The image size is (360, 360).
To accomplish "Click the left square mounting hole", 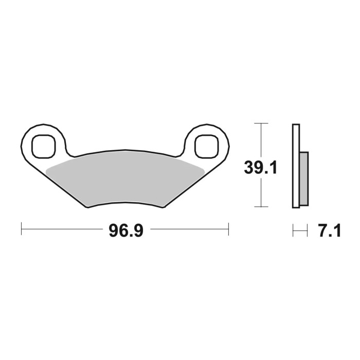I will pyautogui.click(x=43, y=145).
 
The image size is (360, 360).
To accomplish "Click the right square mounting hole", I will pyautogui.click(x=206, y=145).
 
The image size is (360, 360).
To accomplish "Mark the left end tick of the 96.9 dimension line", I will pyautogui.click(x=21, y=228).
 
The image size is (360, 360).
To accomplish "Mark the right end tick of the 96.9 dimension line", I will pyautogui.click(x=228, y=228).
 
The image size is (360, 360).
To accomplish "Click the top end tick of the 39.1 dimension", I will pyautogui.click(x=262, y=124).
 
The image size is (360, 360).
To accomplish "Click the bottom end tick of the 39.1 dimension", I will pyautogui.click(x=262, y=207).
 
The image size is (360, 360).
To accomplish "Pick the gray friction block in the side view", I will pyautogui.click(x=303, y=177).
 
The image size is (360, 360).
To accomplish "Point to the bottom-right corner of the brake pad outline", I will pyautogui.click(x=164, y=207).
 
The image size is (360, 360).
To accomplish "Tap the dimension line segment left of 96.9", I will pyautogui.click(x=62, y=228).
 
